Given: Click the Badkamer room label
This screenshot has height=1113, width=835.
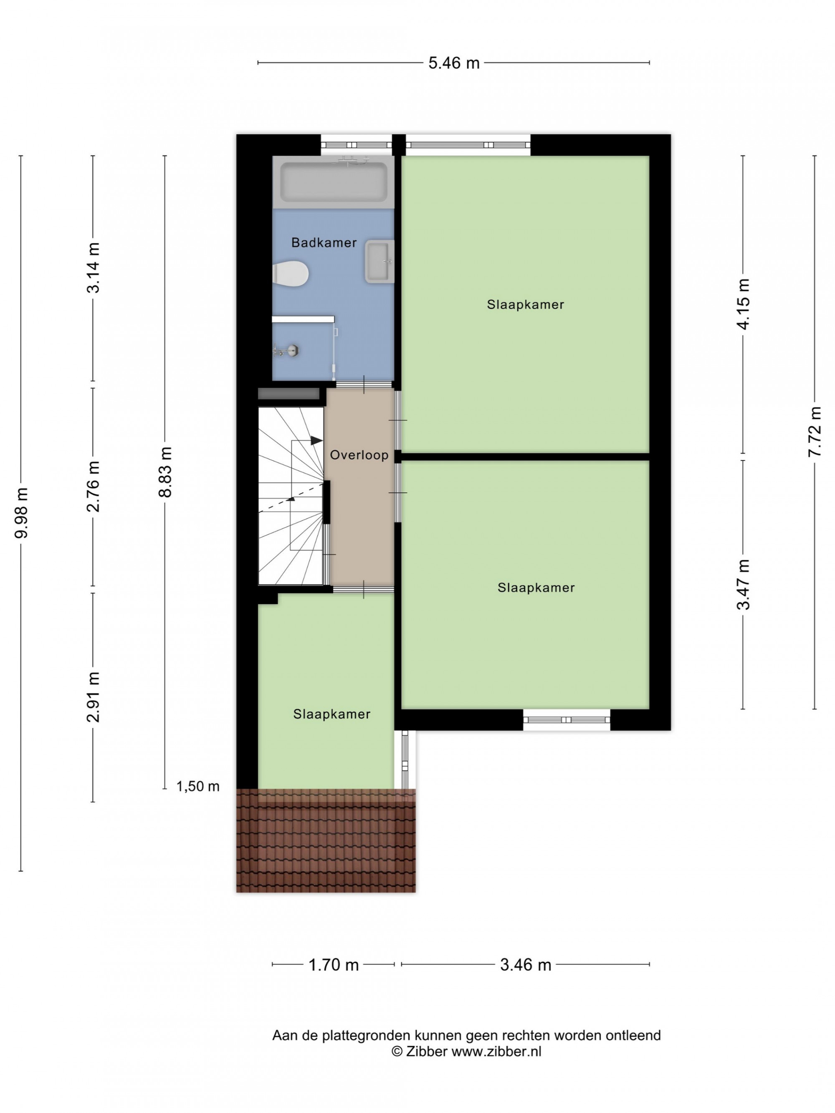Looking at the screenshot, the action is click(x=324, y=242).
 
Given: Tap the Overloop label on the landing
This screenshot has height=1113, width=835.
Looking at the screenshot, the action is click(x=359, y=455).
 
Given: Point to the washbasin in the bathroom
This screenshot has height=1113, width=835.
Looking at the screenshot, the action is click(x=380, y=261).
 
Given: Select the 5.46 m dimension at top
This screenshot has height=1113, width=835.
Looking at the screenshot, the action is click(x=454, y=63).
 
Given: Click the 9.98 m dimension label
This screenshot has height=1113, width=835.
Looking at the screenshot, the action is click(x=22, y=513).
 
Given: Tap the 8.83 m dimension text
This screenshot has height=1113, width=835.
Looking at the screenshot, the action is click(x=165, y=472).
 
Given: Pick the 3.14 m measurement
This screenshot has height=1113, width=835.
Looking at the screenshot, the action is click(x=93, y=267).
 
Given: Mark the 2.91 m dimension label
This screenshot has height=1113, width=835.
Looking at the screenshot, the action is click(x=93, y=697).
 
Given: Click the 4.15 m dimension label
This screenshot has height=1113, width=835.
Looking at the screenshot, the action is click(x=743, y=303).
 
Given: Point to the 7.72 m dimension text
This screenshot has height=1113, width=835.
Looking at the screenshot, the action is click(x=815, y=432).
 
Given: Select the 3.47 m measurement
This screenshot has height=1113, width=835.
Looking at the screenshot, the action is click(x=743, y=584).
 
